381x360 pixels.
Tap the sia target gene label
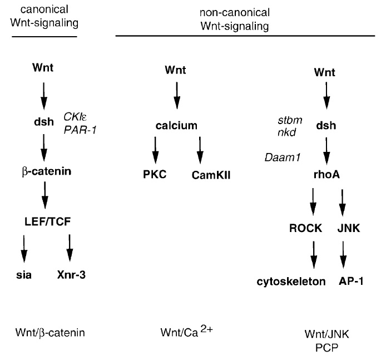[23, 274]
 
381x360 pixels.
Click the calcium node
[176, 126]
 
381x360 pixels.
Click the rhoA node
[326, 174]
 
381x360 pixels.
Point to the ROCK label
[303, 227]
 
